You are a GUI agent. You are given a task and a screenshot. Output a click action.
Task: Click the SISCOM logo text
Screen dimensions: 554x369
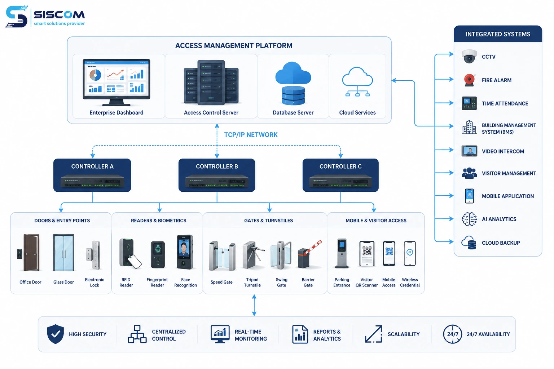coord(59,15)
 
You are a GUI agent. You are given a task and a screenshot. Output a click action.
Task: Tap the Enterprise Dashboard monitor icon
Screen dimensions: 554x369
coord(116,82)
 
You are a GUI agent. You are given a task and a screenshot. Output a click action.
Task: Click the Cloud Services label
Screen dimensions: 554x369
coord(357,113)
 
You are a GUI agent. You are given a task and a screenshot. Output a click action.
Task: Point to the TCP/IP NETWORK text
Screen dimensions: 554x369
coord(251,135)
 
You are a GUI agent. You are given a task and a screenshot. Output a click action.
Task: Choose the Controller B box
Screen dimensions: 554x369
coord(217,175)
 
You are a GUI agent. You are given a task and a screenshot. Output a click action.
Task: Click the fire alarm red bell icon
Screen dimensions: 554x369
coord(469,80)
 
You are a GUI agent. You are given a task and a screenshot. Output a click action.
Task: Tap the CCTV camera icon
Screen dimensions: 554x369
coord(469,56)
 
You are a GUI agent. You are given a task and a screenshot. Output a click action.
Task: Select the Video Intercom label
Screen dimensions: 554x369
coord(503,151)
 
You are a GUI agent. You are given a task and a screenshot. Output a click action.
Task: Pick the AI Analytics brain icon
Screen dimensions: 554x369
coord(469,219)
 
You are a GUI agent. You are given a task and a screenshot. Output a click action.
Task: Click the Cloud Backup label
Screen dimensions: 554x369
coord(501,243)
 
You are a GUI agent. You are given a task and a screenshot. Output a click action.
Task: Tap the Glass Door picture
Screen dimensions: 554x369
coord(63,253)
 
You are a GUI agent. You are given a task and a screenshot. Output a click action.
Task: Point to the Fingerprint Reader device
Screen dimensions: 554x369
coord(158,254)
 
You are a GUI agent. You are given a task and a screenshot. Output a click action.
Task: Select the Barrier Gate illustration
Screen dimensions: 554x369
coord(309,254)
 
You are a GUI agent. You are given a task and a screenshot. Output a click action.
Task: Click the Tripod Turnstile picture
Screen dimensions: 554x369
coord(253,255)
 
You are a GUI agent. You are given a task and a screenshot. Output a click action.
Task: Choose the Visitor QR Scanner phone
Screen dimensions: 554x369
coord(367,254)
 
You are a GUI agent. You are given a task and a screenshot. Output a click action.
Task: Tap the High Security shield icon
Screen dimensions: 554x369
coord(56,334)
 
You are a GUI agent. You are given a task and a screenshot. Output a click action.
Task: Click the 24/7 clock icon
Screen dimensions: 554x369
coord(452,334)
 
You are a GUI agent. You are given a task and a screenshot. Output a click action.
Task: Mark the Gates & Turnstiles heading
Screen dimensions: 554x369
coord(268,221)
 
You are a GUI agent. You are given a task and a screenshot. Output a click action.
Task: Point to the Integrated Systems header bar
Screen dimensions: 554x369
coord(498,34)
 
